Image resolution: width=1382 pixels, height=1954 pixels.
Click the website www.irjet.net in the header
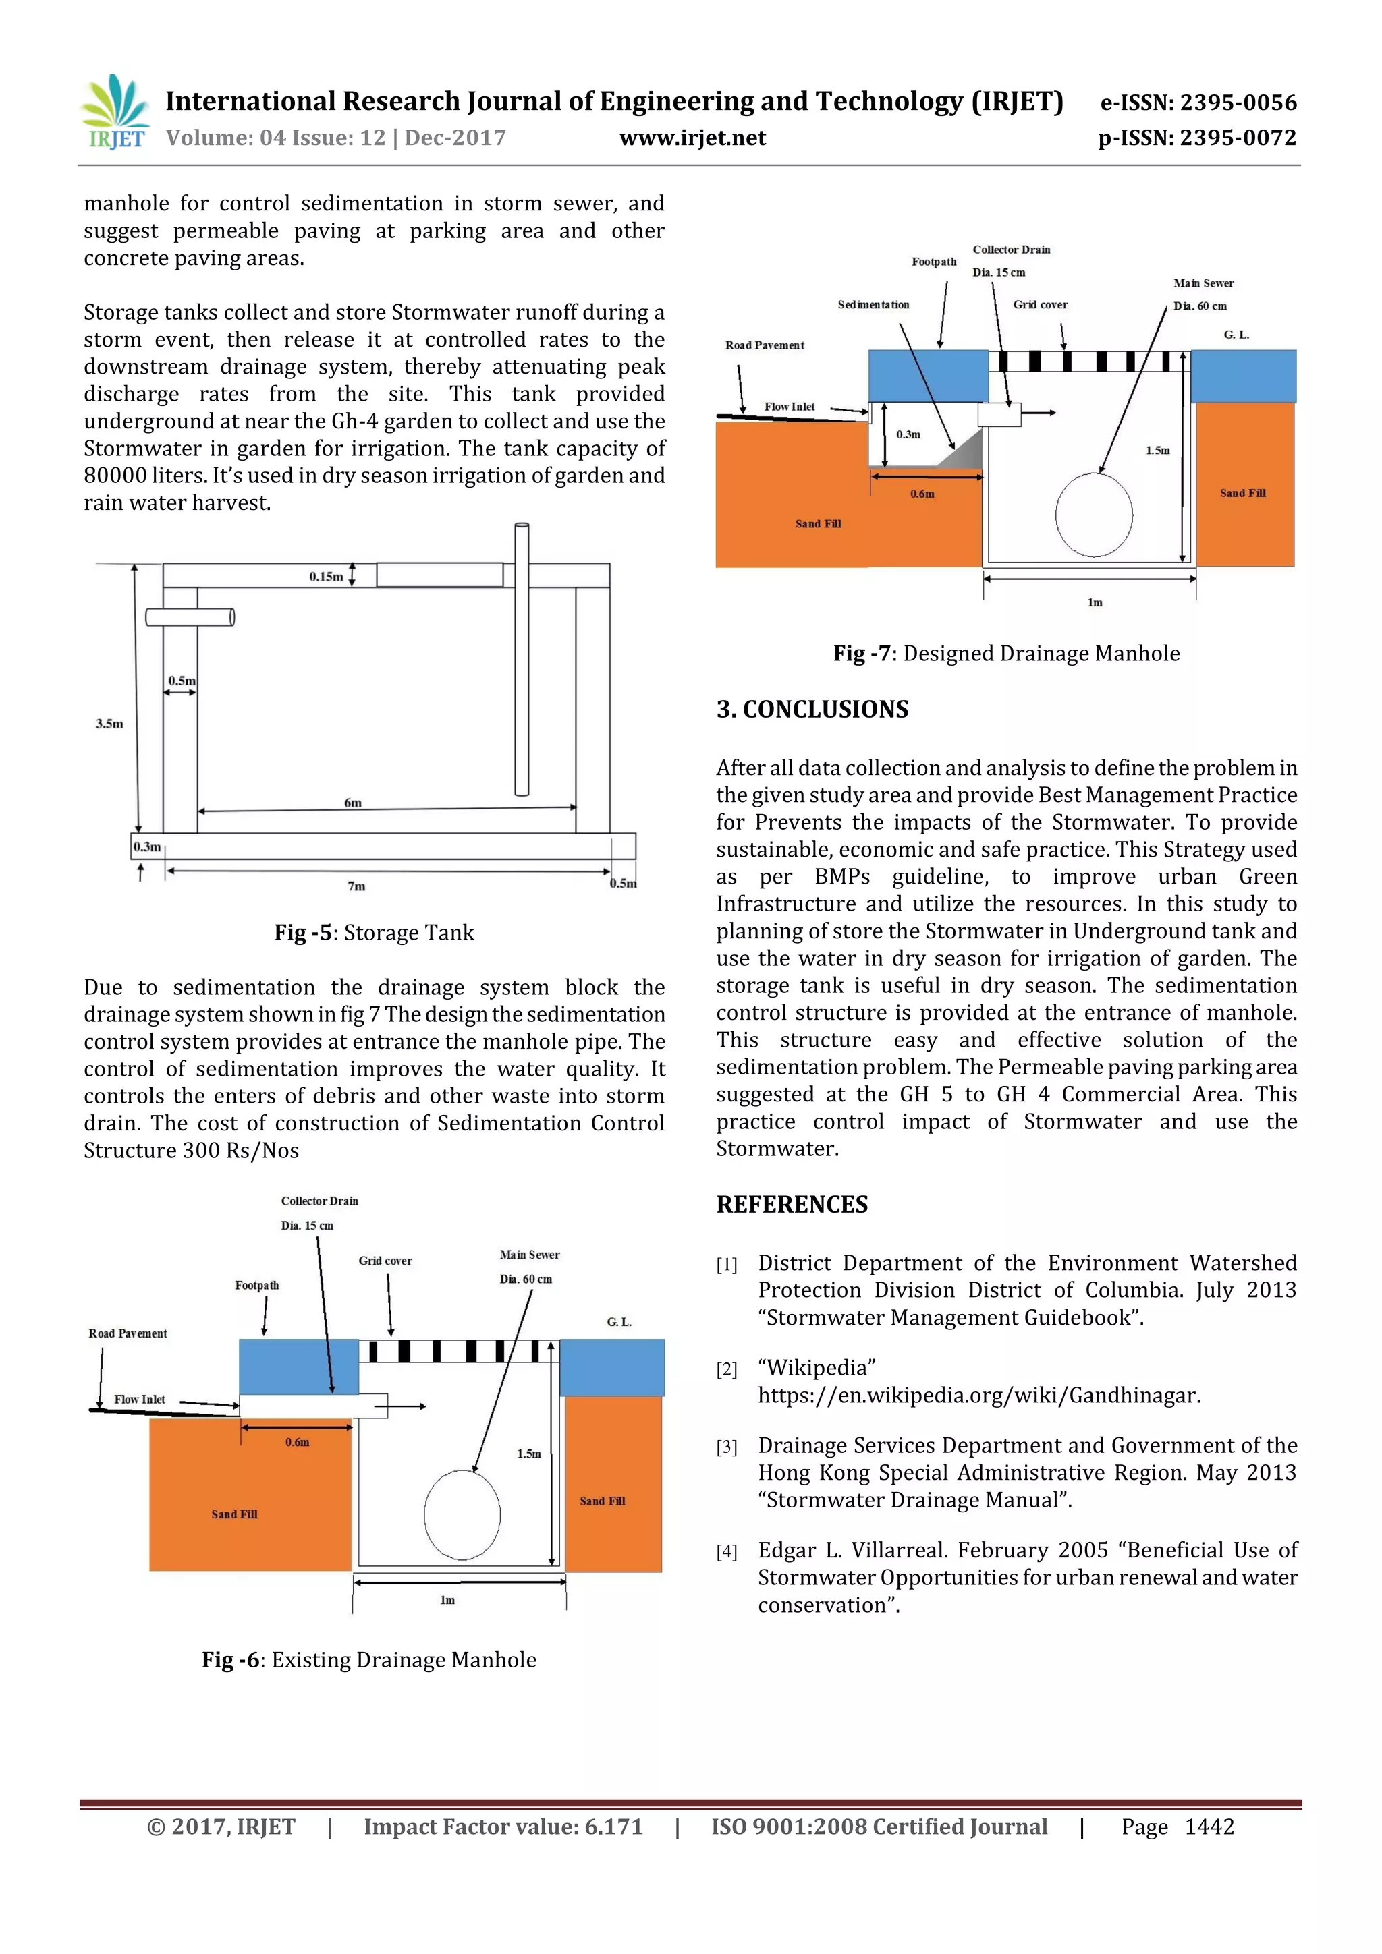pos(692,138)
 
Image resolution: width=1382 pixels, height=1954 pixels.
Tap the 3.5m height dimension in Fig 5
pos(109,724)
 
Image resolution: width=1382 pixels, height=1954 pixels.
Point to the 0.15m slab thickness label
pos(326,577)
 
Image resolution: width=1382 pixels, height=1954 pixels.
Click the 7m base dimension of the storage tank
pos(356,886)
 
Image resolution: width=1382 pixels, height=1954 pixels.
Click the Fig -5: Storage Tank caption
pos(374,933)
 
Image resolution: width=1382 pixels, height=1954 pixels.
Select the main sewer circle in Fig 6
pos(462,1515)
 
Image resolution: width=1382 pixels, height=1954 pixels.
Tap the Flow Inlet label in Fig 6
pos(140,1399)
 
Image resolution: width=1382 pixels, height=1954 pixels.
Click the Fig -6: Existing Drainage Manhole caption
pos(368,1659)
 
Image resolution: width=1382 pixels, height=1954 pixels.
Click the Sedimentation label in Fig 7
pos(873,305)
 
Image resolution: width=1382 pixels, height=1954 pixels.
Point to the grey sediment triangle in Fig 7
pos(967,452)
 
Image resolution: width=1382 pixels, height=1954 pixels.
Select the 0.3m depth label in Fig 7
pos(908,435)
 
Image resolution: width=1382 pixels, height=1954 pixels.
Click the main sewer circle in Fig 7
pos(1093,514)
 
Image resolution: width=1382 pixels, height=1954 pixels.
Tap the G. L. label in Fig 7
pos(1236,335)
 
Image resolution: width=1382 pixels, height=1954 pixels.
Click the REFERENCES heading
pos(792,1204)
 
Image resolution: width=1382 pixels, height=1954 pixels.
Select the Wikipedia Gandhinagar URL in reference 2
pos(978,1396)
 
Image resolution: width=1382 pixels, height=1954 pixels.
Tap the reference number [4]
pos(726,1552)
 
